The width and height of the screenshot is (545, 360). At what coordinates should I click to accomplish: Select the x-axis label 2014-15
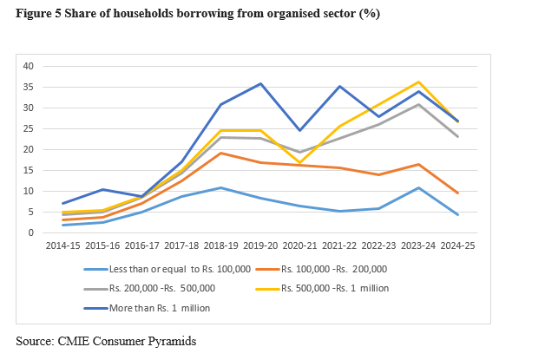(x=63, y=246)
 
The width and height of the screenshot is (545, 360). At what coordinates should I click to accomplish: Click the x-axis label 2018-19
(x=221, y=246)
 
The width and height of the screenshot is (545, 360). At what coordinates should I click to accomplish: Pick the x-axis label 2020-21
(x=300, y=246)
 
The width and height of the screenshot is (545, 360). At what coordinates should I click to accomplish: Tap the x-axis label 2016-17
(x=142, y=246)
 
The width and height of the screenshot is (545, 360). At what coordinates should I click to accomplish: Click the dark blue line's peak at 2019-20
(x=260, y=83)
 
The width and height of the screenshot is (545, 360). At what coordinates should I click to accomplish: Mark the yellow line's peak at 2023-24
(x=418, y=82)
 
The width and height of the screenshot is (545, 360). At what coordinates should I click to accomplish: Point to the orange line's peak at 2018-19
(x=221, y=153)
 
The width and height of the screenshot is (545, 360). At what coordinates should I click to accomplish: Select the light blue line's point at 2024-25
(x=457, y=214)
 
